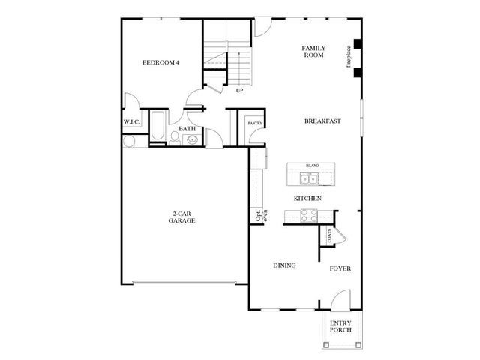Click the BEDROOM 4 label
coord(161,63)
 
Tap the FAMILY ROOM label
coord(313,52)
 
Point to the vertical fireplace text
coord(349,58)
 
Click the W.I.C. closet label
coord(133,123)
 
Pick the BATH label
coord(187,129)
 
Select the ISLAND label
coord(312,166)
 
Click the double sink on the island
coord(309,178)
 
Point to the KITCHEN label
coord(307,198)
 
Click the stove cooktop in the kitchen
coord(309,214)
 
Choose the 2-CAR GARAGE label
coord(184,218)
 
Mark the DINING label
coord(284,265)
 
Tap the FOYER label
coord(340,268)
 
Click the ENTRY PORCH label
coord(340,327)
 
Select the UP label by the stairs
coord(240,91)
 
